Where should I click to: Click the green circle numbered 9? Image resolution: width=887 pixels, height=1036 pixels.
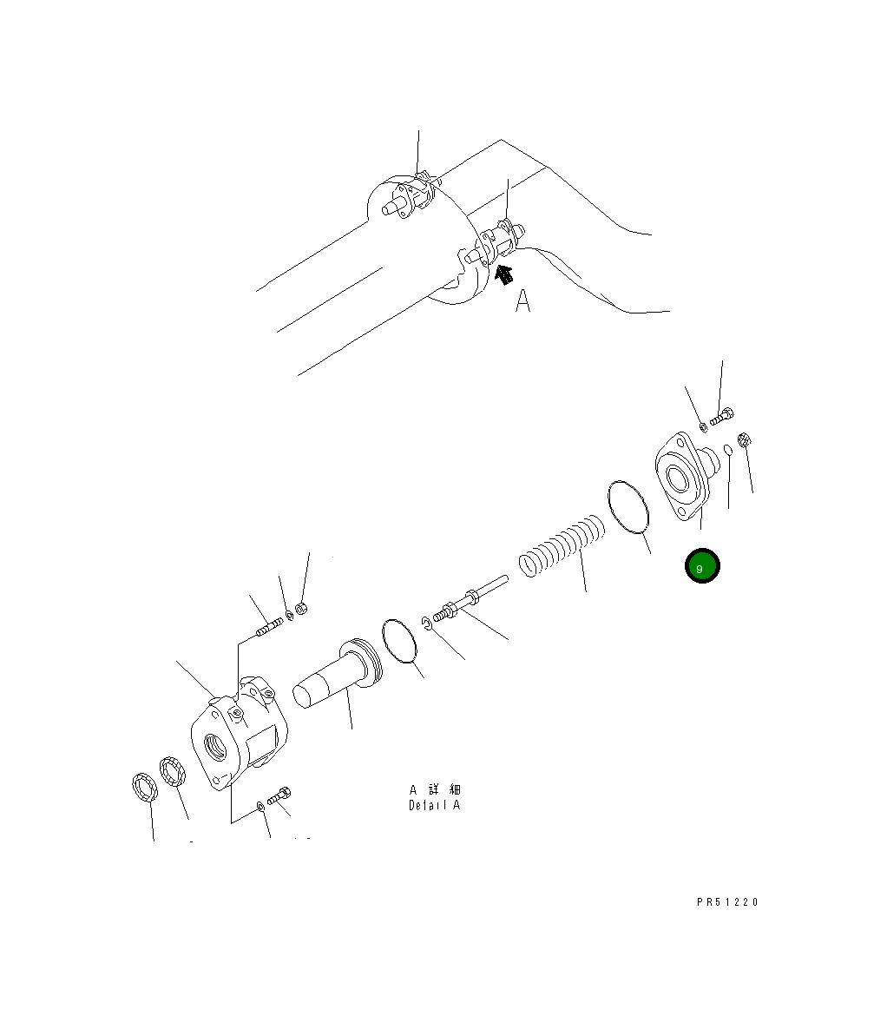pyautogui.click(x=701, y=566)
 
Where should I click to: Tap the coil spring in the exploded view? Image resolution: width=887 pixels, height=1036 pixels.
pyautogui.click(x=562, y=545)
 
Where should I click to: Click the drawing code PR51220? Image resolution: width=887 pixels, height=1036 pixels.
pyautogui.click(x=728, y=902)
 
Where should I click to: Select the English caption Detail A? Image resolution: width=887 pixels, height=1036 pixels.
pyautogui.click(x=434, y=805)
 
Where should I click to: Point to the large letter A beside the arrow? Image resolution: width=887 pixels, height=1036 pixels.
pyautogui.click(x=522, y=300)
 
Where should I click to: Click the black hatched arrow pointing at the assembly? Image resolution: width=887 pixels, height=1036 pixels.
pyautogui.click(x=504, y=274)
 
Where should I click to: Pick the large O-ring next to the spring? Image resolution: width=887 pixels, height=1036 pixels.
pyautogui.click(x=628, y=507)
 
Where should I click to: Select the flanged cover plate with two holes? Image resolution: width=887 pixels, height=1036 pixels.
pyautogui.click(x=682, y=476)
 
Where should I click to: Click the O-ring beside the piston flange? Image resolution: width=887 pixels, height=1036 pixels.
pyautogui.click(x=399, y=641)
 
